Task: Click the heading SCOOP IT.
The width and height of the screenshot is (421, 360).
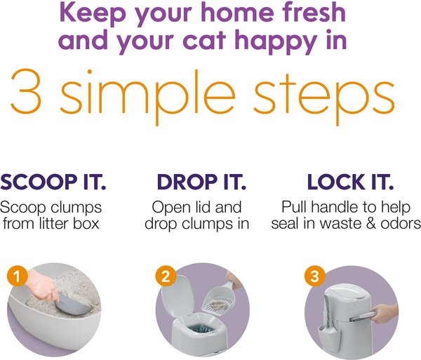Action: pos(53,182)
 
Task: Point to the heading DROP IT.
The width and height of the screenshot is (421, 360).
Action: pos(201,182)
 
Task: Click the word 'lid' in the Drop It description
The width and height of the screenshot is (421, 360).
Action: pos(230,208)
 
